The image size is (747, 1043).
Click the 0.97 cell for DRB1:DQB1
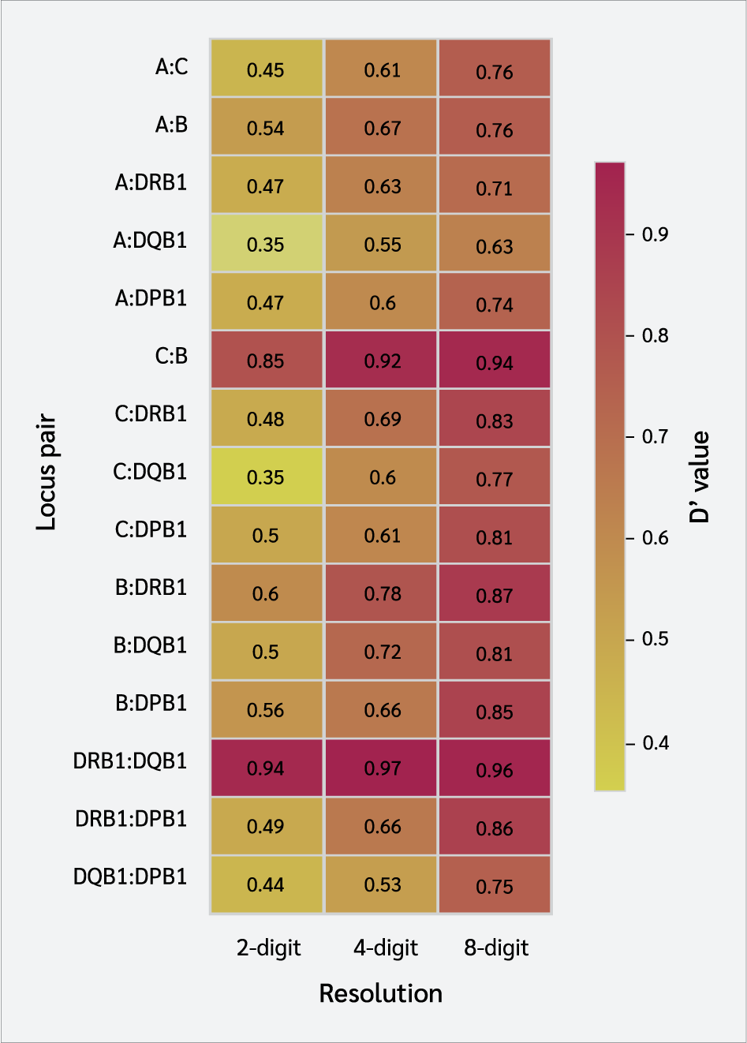pyautogui.click(x=383, y=768)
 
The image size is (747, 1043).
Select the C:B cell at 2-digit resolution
pyautogui.click(x=266, y=361)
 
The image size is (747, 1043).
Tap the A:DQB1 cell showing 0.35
pyautogui.click(x=266, y=244)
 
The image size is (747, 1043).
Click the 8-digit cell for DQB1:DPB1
pyautogui.click(x=495, y=884)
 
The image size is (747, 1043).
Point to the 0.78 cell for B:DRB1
pyautogui.click(x=383, y=593)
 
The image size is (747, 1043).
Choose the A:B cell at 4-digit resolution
pyautogui.click(x=383, y=128)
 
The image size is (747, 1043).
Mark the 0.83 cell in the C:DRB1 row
pyautogui.click(x=495, y=419)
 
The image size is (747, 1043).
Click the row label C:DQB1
pyautogui.click(x=150, y=472)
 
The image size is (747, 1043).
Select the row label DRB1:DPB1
pyautogui.click(x=131, y=819)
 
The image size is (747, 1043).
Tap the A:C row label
pyautogui.click(x=171, y=67)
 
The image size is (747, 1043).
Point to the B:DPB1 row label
pyautogui.click(x=151, y=703)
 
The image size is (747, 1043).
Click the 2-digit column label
pyautogui.click(x=268, y=948)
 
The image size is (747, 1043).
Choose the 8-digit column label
pyautogui.click(x=496, y=948)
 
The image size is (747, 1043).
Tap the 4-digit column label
pyautogui.click(x=385, y=948)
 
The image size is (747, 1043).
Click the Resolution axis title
pyautogui.click(x=380, y=993)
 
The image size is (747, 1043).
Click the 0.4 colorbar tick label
pyautogui.click(x=655, y=743)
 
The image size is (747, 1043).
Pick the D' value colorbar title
pyautogui.click(x=700, y=477)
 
